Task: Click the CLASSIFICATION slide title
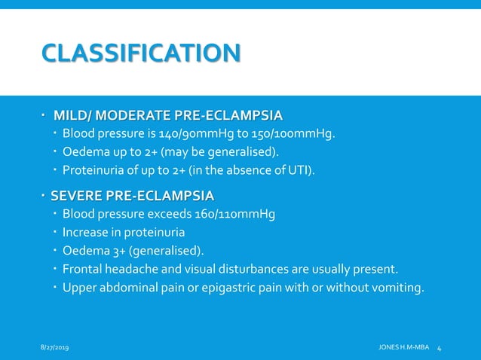pos(141,53)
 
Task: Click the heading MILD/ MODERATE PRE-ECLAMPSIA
pos(167,115)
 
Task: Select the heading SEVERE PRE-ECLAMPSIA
pos(132,197)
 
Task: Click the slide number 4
pos(440,346)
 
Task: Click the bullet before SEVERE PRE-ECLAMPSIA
pos(44,197)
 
